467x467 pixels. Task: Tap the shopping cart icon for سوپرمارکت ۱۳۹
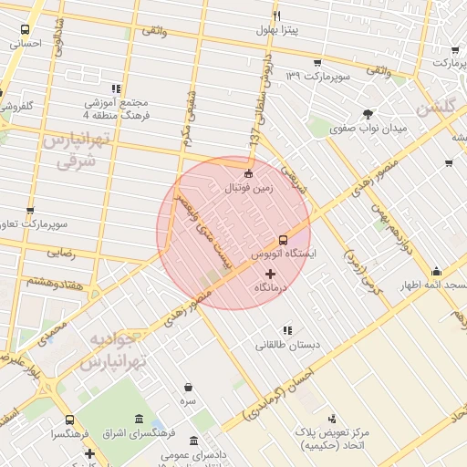click(317, 63)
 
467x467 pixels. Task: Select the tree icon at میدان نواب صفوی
click(368, 114)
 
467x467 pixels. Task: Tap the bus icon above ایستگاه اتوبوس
click(282, 239)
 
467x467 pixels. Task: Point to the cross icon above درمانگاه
click(270, 274)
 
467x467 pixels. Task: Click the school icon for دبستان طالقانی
click(287, 330)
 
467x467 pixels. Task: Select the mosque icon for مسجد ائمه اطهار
click(437, 272)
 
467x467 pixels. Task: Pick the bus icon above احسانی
click(25, 28)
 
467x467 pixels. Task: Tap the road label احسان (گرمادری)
click(279, 393)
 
